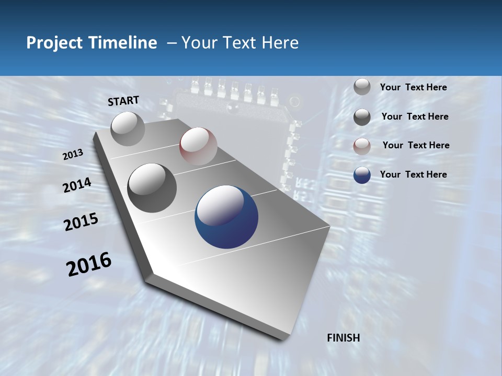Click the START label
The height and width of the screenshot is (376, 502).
[123, 100]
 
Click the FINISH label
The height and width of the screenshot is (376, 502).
[344, 338]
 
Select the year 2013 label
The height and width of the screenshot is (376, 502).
[73, 155]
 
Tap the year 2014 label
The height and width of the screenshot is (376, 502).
[77, 185]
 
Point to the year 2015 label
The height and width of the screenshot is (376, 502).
[81, 222]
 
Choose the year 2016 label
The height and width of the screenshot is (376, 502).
[89, 264]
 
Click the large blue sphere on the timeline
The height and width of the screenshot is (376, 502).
[226, 217]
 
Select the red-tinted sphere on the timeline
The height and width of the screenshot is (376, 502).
[198, 146]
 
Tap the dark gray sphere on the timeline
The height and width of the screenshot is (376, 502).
[152, 188]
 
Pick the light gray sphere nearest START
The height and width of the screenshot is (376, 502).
[128, 128]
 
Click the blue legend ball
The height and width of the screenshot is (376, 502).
[362, 175]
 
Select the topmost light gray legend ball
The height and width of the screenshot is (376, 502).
[362, 87]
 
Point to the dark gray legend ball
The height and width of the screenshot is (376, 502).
[362, 117]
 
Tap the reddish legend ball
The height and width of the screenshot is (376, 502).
[362, 146]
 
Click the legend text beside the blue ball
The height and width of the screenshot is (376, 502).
[413, 174]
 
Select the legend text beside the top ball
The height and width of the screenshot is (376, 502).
[413, 87]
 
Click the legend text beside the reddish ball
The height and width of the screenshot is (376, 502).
[416, 145]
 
